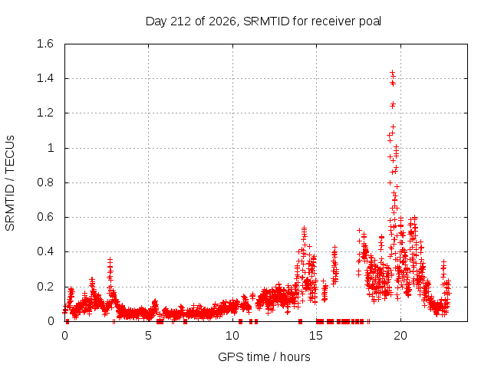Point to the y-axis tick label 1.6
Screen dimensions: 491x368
pyautogui.click(x=45, y=44)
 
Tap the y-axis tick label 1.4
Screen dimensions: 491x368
pyautogui.click(x=45, y=78)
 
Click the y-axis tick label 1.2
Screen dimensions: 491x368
pyautogui.click(x=45, y=113)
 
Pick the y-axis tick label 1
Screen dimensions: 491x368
pyautogui.click(x=51, y=148)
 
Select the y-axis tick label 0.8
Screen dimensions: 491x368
pyautogui.click(x=45, y=182)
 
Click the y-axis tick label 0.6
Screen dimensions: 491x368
pyautogui.click(x=45, y=217)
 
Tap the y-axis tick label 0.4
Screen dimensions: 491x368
pyautogui.click(x=45, y=251)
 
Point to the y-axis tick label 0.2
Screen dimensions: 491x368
pyautogui.click(x=45, y=286)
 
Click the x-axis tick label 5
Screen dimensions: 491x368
pyautogui.click(x=148, y=336)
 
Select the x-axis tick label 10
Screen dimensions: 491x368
pyautogui.click(x=232, y=336)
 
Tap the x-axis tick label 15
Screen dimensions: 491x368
pyautogui.click(x=316, y=336)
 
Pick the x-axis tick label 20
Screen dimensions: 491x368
pyautogui.click(x=400, y=336)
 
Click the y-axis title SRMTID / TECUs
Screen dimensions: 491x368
pyautogui.click(x=10, y=183)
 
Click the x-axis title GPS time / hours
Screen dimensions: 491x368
pyautogui.click(x=264, y=356)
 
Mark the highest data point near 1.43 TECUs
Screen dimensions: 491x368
pyautogui.click(x=392, y=73)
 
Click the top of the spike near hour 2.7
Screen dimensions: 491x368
pyautogui.click(x=110, y=260)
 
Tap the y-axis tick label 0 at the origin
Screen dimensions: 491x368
pyautogui.click(x=51, y=321)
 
